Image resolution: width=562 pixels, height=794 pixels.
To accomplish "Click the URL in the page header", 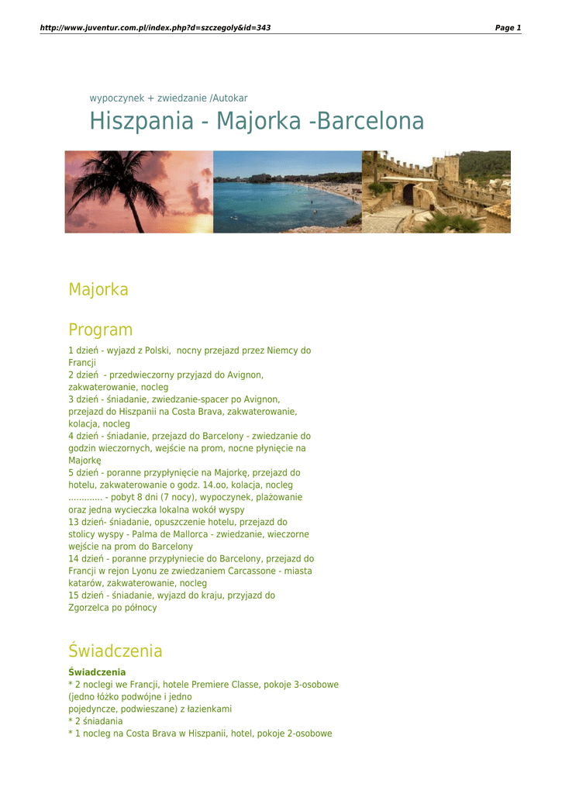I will pyautogui.click(x=155, y=28).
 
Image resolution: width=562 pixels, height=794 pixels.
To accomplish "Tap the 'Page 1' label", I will pyautogui.click(x=508, y=28).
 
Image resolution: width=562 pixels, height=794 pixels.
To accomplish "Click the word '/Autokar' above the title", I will pyautogui.click(x=229, y=98).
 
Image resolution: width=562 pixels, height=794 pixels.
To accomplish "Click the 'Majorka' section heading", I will pyautogui.click(x=98, y=290).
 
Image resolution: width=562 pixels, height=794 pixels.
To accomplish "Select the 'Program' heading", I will pyautogui.click(x=100, y=330).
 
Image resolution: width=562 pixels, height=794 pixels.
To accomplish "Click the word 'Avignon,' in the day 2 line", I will pyautogui.click(x=245, y=375).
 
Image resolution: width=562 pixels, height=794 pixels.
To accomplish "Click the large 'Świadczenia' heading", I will pyautogui.click(x=116, y=651).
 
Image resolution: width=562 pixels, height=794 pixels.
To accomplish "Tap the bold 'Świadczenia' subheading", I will pyautogui.click(x=97, y=672).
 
